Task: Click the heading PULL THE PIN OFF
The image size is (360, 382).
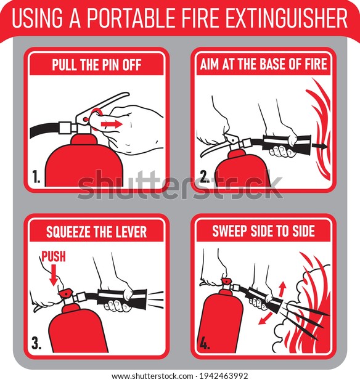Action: (97, 65)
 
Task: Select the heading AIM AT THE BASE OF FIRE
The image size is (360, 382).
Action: (263, 64)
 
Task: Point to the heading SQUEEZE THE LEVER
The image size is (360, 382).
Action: (97, 232)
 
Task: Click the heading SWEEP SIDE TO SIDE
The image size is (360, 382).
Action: (263, 231)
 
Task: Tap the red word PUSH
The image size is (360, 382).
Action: (54, 256)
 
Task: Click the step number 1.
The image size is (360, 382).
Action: (36, 177)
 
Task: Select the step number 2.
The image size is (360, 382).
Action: (205, 177)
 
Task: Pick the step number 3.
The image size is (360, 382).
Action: (36, 343)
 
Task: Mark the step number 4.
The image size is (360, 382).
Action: (205, 343)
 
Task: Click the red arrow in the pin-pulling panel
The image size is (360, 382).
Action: (112, 124)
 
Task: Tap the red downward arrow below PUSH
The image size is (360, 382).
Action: (54, 275)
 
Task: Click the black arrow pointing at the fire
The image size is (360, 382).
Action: (319, 146)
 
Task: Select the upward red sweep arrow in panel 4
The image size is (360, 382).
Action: (282, 289)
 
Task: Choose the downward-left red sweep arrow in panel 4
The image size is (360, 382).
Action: (265, 319)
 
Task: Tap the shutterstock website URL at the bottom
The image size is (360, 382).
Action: (152, 376)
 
